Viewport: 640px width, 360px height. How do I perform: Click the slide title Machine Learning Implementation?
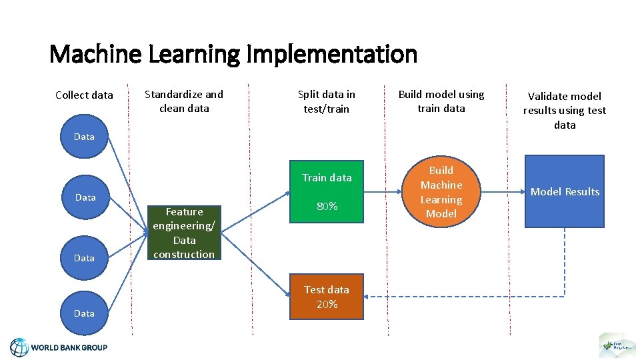tap(233, 54)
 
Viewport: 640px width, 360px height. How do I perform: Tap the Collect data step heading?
tap(84, 95)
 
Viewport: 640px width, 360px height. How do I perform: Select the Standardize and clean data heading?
tap(184, 101)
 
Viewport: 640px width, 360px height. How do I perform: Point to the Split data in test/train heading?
tap(326, 101)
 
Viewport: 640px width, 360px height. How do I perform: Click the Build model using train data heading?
tap(441, 101)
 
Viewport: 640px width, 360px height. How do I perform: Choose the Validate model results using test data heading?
tap(565, 111)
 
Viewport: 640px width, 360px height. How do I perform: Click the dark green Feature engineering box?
tap(184, 233)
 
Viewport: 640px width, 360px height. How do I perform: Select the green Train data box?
tap(327, 191)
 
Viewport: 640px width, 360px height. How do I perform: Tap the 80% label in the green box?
tap(327, 207)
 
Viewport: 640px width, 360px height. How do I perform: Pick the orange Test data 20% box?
tap(327, 297)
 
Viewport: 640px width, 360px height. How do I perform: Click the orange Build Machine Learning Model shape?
tap(441, 192)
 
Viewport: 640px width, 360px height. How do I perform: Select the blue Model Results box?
tap(565, 191)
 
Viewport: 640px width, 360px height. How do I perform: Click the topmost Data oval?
tap(84, 137)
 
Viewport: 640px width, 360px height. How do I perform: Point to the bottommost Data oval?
tap(84, 313)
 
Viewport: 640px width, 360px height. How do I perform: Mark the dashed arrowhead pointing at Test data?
tap(369, 296)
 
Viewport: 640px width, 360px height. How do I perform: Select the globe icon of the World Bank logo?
tap(19, 347)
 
